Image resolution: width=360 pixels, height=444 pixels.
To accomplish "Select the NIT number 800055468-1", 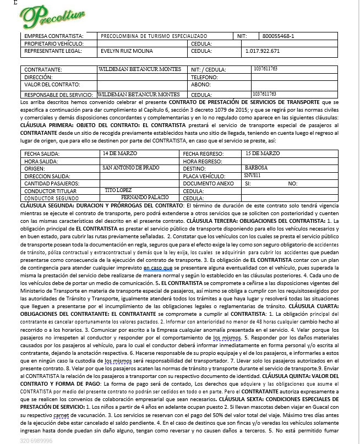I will click(279, 36).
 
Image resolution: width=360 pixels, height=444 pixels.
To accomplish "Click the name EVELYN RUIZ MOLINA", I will click(122, 51).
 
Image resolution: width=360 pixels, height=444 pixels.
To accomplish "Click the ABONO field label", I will click(200, 85).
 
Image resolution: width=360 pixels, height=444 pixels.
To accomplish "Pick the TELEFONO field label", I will click(203, 78).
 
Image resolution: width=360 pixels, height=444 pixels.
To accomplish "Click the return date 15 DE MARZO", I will click(263, 152).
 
